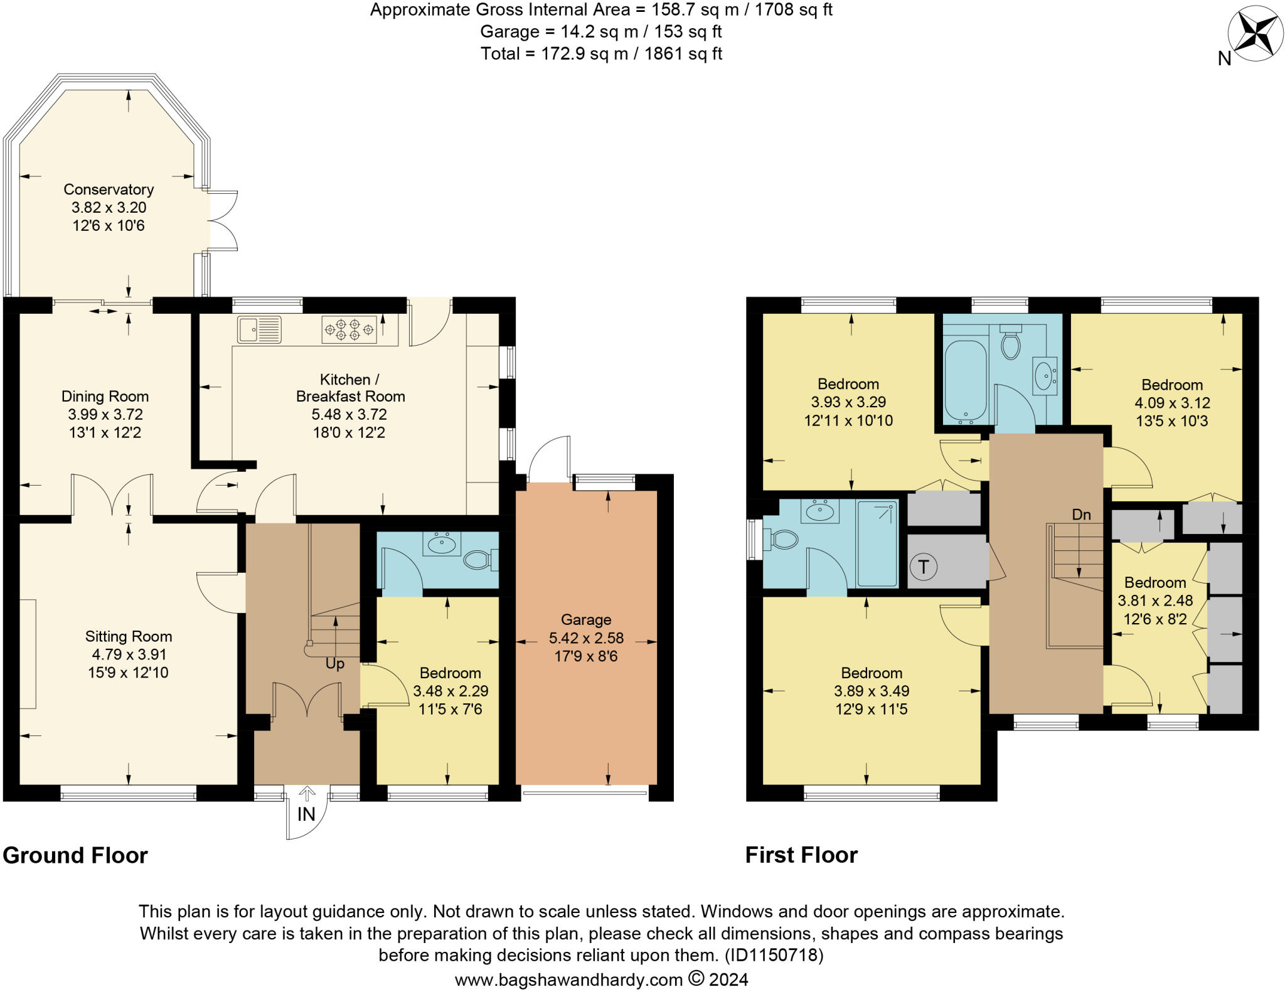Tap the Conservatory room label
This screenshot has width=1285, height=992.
click(109, 189)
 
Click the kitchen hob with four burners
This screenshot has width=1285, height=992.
click(349, 329)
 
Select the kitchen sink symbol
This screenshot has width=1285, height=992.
click(259, 329)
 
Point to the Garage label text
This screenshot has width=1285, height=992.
click(586, 620)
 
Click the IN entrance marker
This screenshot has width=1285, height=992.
click(306, 814)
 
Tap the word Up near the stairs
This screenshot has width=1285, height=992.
click(334, 664)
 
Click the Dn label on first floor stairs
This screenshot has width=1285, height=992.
click(1081, 515)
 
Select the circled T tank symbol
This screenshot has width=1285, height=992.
click(923, 567)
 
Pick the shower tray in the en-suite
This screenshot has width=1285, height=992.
click(877, 543)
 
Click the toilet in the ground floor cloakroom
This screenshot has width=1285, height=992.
click(479, 559)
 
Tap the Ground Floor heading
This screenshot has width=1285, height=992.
click(75, 856)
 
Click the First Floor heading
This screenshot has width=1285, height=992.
click(801, 855)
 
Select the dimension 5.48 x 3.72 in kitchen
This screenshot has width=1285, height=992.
click(349, 415)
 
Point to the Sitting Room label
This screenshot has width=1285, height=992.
click(129, 637)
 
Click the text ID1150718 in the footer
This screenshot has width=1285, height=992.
click(773, 955)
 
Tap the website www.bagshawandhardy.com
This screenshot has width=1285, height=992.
click(568, 979)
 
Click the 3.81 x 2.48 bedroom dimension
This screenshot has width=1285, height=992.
click(1155, 601)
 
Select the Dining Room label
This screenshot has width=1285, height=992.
click(105, 397)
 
